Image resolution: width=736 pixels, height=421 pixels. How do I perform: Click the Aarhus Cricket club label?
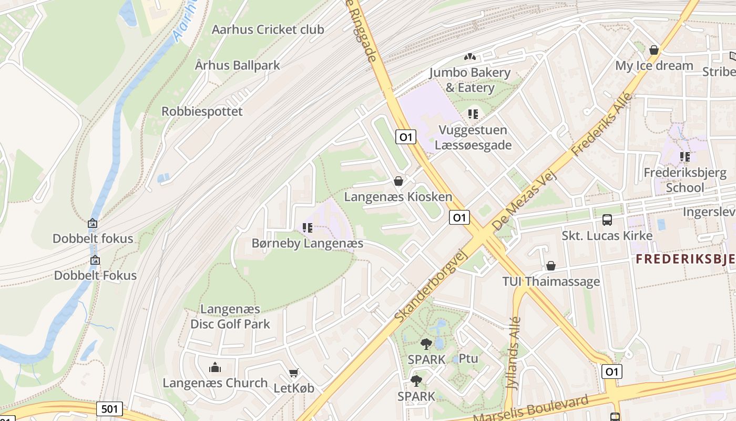click(268, 29)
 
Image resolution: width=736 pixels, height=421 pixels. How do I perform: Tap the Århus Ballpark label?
click(238, 65)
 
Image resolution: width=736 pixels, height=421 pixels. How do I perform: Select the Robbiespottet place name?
click(202, 112)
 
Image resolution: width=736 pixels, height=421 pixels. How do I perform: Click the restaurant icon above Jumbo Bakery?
click(470, 56)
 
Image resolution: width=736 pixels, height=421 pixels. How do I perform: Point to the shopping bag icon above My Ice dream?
click(654, 50)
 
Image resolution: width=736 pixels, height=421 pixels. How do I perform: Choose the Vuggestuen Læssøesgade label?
click(473, 137)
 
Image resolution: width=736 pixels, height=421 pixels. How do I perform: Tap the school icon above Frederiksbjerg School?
click(684, 156)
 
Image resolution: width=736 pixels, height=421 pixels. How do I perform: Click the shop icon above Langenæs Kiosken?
click(398, 181)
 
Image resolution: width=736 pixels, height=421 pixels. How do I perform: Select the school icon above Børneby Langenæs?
click(308, 228)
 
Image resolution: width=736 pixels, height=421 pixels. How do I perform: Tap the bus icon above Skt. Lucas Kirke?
click(607, 219)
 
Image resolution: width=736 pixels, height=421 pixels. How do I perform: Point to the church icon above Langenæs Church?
click(215, 367)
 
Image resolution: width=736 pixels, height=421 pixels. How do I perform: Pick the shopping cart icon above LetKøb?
click(294, 373)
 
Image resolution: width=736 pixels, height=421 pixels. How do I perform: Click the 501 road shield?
click(110, 408)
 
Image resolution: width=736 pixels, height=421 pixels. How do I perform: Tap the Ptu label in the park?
click(468, 358)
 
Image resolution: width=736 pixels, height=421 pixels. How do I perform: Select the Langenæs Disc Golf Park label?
click(230, 316)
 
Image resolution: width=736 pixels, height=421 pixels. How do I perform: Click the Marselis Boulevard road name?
click(531, 410)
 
